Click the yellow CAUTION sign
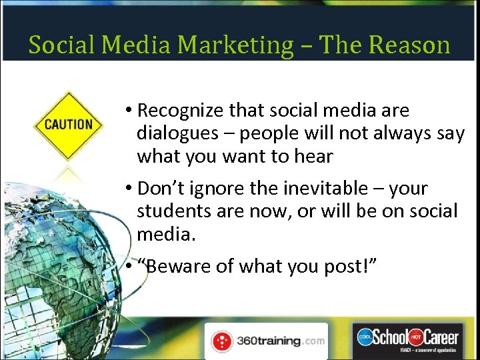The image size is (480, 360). point(68,125)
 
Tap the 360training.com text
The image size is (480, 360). point(280,341)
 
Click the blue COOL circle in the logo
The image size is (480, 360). point(364,337)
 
